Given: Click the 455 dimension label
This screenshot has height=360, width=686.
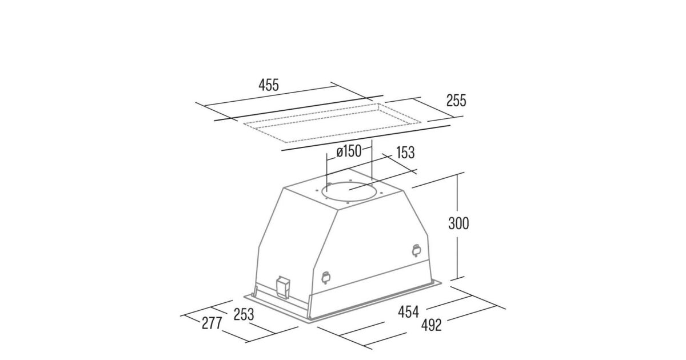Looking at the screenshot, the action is (269, 85).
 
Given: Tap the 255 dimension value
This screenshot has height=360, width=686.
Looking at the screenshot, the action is (456, 101).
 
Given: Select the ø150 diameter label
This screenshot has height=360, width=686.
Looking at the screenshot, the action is (349, 151).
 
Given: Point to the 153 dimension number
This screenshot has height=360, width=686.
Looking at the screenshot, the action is (405, 153).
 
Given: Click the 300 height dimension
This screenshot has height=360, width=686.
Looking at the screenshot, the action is (458, 223).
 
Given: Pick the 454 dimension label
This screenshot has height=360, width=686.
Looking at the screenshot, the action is (408, 312).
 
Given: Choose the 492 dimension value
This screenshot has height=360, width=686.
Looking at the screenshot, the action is (432, 325).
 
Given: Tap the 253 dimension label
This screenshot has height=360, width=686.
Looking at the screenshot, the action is (244, 314).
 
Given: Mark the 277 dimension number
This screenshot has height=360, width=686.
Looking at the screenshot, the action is (212, 323).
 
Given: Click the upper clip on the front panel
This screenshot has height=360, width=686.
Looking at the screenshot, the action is (416, 250).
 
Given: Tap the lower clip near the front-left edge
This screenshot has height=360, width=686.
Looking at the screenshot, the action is (325, 278).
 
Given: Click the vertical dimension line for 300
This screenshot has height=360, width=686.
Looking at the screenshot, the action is (457, 226).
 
